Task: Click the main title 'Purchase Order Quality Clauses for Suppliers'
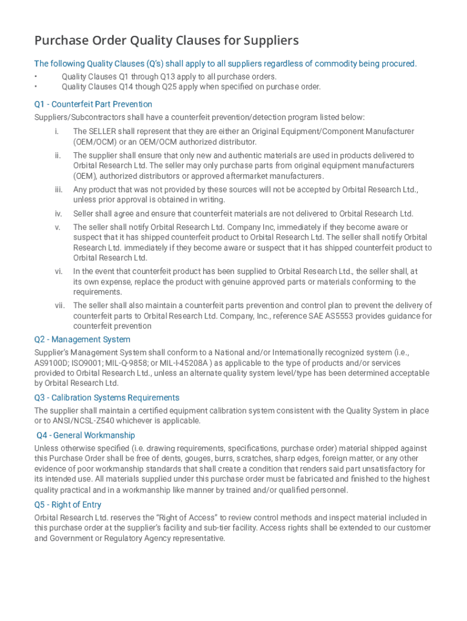click(x=166, y=41)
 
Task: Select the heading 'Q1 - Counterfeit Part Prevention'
click(x=93, y=104)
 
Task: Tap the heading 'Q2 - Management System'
click(x=82, y=340)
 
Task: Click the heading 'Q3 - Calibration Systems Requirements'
click(x=107, y=398)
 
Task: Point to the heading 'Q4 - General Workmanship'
click(x=86, y=435)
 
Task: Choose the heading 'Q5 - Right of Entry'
click(x=68, y=505)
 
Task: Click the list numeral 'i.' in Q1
click(x=56, y=132)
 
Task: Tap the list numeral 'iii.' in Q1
click(x=58, y=190)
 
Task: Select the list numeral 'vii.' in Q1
click(x=59, y=306)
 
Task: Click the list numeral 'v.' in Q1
click(x=58, y=227)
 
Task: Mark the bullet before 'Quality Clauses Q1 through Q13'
click(x=36, y=77)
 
